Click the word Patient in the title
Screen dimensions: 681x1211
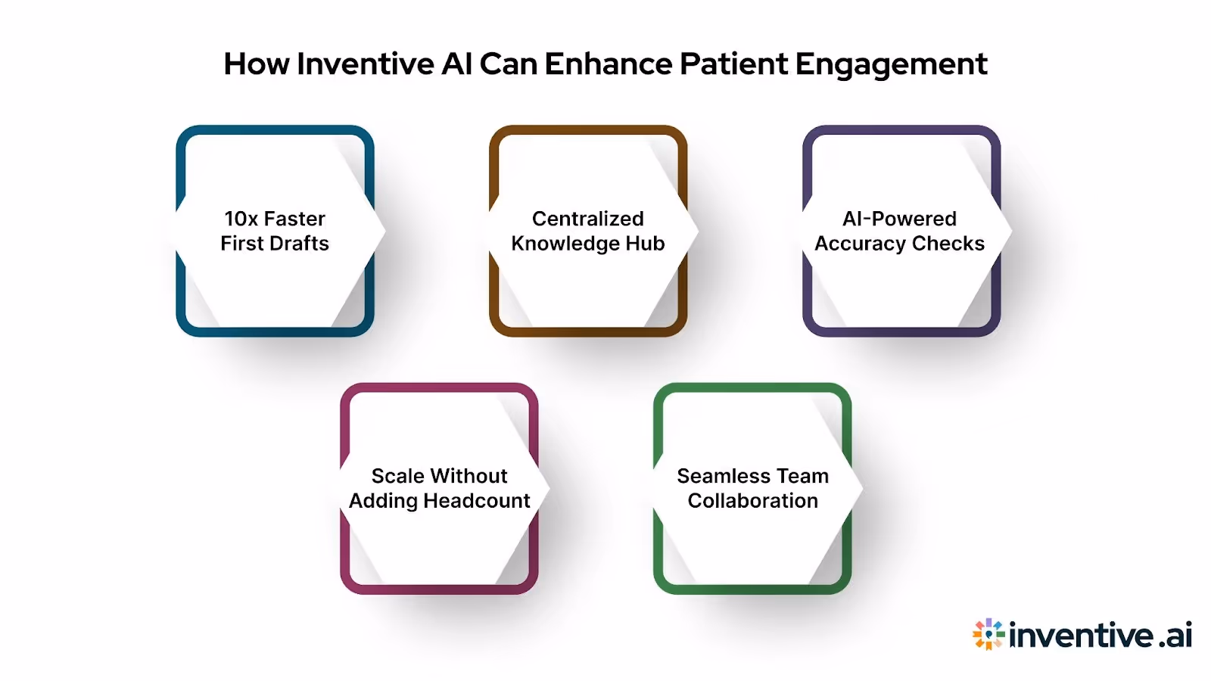tap(733, 64)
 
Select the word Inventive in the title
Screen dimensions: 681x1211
tap(366, 64)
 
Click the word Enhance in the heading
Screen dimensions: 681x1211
tap(608, 64)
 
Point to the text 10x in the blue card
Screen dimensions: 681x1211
tap(241, 219)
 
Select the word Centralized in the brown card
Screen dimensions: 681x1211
tap(587, 219)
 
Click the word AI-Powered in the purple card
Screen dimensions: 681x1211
tap(899, 219)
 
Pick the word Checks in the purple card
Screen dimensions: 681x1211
tap(948, 244)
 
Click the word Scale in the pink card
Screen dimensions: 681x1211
tap(397, 476)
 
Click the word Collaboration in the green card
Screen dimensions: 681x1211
tap(752, 501)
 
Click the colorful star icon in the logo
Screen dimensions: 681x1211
tap(988, 634)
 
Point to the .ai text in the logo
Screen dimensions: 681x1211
tap(1175, 635)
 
